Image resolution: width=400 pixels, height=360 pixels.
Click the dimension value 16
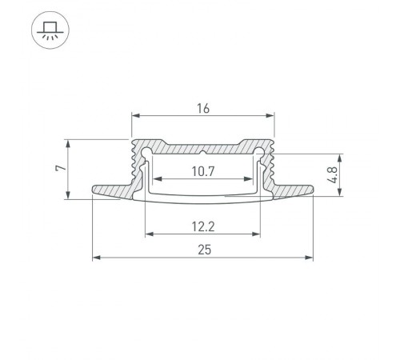coord(203,110)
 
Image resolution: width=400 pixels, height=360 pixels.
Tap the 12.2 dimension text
coord(203,226)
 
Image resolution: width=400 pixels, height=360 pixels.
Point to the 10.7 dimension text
coord(203,170)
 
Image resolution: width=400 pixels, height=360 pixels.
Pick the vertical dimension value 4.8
coord(354,174)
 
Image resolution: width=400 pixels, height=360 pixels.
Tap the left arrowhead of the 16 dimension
coord(134,118)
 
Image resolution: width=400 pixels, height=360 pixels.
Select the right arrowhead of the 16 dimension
coord(272,118)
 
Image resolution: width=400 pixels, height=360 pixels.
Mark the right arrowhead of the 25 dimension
coord(310,258)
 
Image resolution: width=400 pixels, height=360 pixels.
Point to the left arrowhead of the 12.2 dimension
coord(148,234)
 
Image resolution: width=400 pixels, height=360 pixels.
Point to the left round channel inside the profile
coord(147,152)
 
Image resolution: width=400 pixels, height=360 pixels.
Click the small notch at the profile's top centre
coord(203,150)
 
